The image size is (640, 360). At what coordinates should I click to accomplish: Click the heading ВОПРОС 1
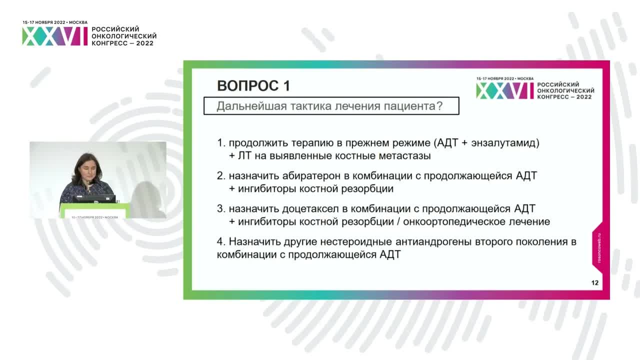tap(253, 85)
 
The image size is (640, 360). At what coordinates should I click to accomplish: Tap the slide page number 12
tap(594, 283)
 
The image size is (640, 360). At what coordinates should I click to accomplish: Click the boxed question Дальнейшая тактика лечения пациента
tap(331, 106)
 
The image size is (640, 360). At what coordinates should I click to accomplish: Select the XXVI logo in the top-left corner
tap(54, 36)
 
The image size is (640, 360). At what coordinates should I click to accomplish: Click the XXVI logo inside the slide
tap(504, 90)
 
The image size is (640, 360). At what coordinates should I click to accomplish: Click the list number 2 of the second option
tap(220, 176)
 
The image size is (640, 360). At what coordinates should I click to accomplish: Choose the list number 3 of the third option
tap(220, 208)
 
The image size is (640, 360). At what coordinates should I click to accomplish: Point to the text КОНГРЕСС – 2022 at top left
tap(122, 43)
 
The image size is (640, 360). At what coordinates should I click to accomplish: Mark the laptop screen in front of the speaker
tap(94, 198)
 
